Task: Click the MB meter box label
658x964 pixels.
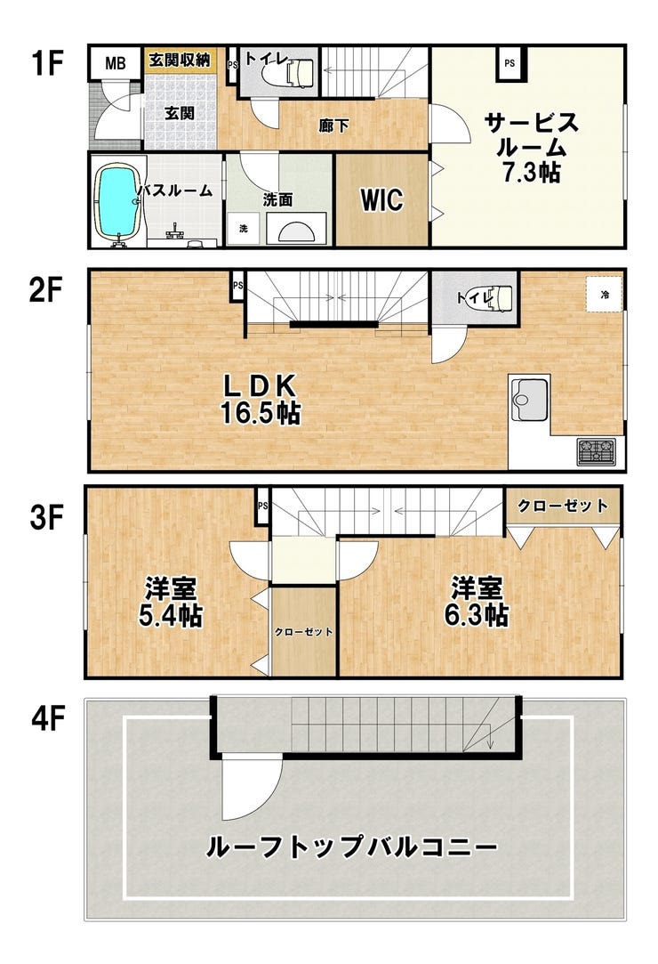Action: coord(115,63)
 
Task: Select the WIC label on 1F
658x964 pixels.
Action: coord(382,199)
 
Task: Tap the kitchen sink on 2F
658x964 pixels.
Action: coord(529,399)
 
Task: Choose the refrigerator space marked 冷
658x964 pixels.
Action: coord(605,294)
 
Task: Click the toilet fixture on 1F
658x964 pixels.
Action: coord(289,73)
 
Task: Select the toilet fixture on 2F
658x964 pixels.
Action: coord(487,297)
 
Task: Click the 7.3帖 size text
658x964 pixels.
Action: coord(532,173)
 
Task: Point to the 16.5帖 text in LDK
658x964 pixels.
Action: coord(261,413)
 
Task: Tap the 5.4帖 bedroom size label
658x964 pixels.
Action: coord(171,615)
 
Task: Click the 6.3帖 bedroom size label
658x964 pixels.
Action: coord(476,615)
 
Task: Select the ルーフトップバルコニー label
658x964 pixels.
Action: coord(351,847)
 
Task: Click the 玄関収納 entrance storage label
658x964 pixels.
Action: coord(180,60)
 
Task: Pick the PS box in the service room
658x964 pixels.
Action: coord(510,63)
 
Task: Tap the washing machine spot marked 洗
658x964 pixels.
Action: coord(244,229)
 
